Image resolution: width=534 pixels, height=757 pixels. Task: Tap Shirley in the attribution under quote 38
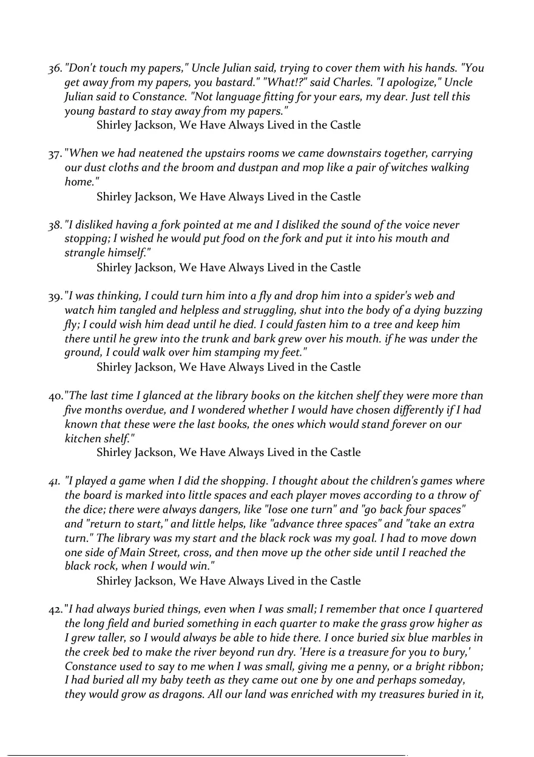pyautogui.click(x=115, y=268)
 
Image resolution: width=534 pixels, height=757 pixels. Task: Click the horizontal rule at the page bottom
pyautogui.click(x=206, y=755)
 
